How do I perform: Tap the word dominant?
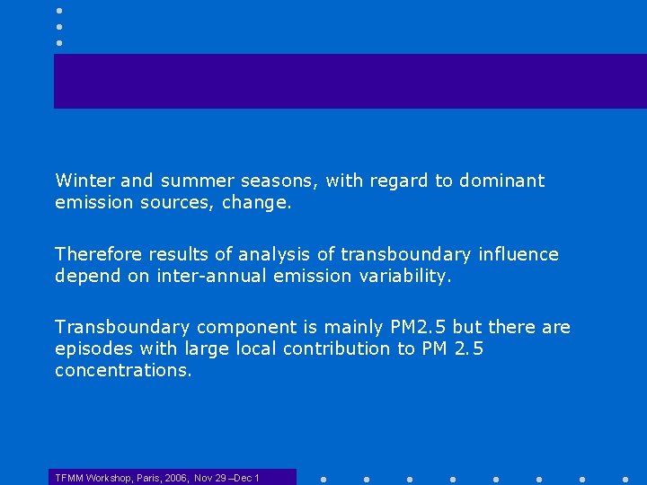click(x=501, y=181)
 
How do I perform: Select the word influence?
click(x=518, y=254)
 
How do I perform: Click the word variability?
click(x=403, y=277)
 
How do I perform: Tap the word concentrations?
click(x=123, y=370)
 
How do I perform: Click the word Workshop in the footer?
click(x=109, y=478)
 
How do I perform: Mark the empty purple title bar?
click(x=350, y=81)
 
